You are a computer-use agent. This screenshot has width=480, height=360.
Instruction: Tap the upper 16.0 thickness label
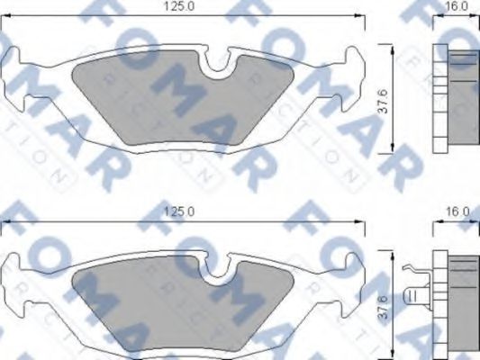(457, 6)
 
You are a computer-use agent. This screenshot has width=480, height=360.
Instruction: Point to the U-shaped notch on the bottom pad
(216, 269)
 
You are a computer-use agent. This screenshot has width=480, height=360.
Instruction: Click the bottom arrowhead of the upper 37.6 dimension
(397, 148)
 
